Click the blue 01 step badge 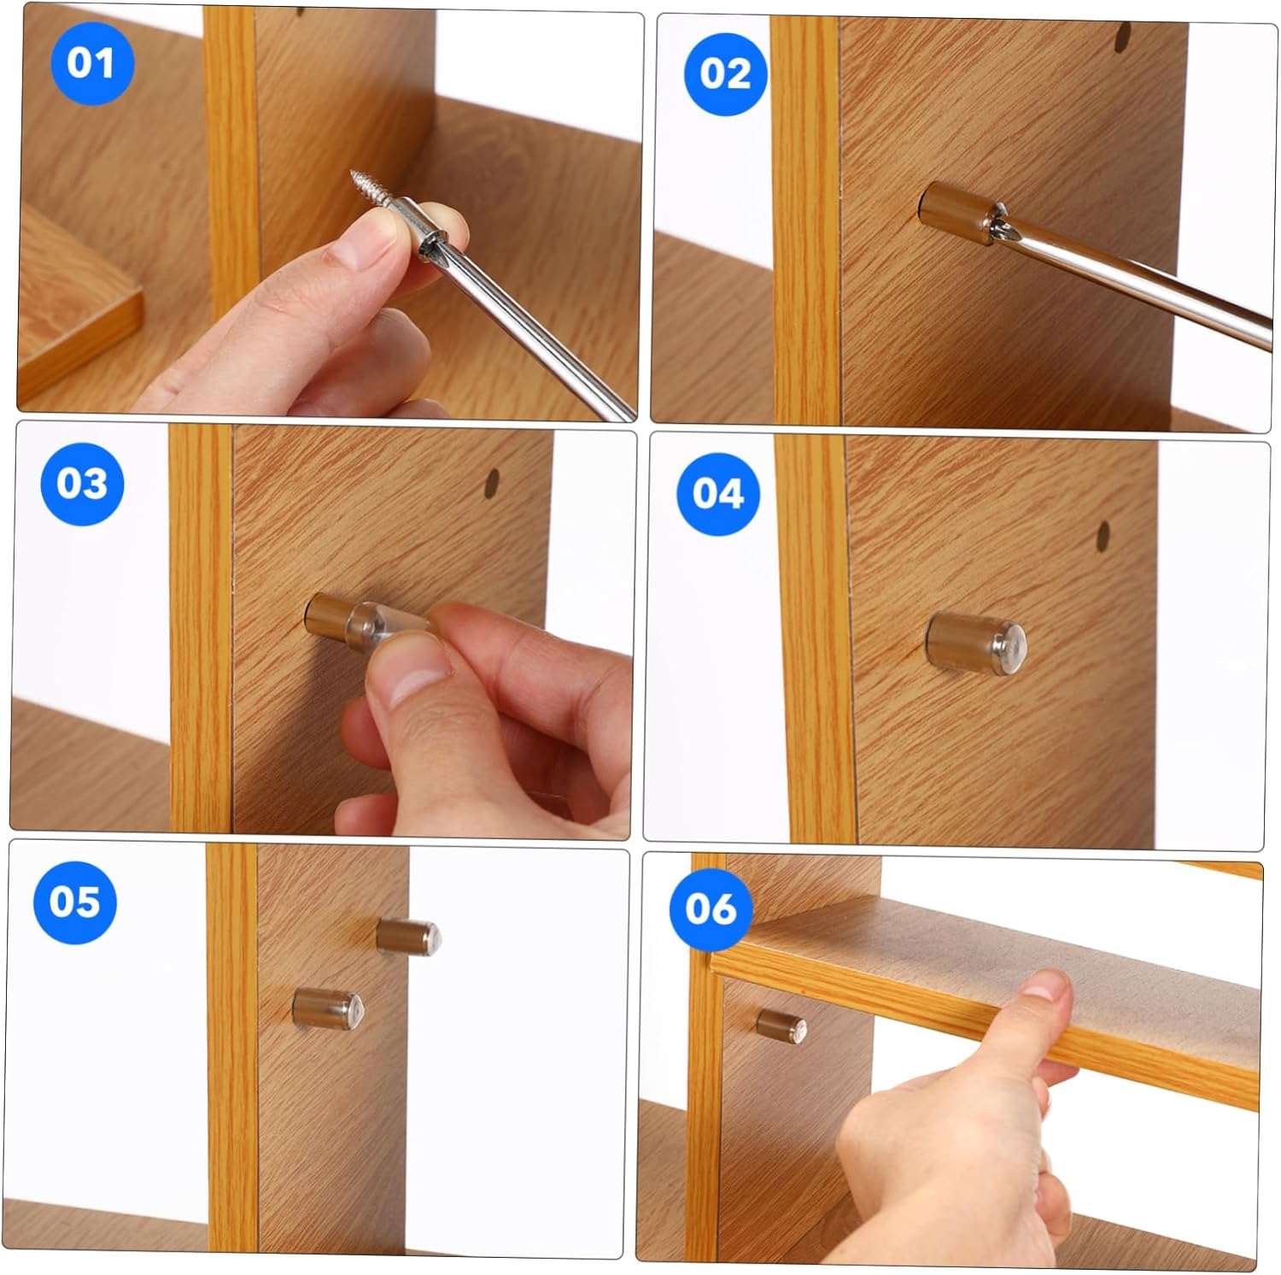[91, 64]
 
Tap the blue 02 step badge [725, 74]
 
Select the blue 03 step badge [82, 484]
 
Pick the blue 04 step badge [717, 494]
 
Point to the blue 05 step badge [74, 902]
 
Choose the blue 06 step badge [710, 908]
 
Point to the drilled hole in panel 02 [1123, 37]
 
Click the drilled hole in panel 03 [492, 485]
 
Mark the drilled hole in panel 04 [1103, 537]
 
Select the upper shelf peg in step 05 [407, 937]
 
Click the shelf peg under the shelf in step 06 [781, 1023]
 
